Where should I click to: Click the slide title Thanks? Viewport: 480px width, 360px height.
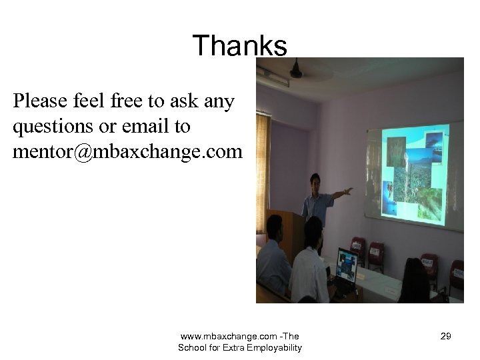[239, 46]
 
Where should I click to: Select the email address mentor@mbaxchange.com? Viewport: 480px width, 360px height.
[127, 152]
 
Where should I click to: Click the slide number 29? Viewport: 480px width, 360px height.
[446, 337]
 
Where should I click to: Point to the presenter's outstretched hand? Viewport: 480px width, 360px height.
[347, 191]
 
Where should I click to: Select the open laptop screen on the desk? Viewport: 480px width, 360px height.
[346, 265]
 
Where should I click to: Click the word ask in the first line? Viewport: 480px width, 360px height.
[188, 102]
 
